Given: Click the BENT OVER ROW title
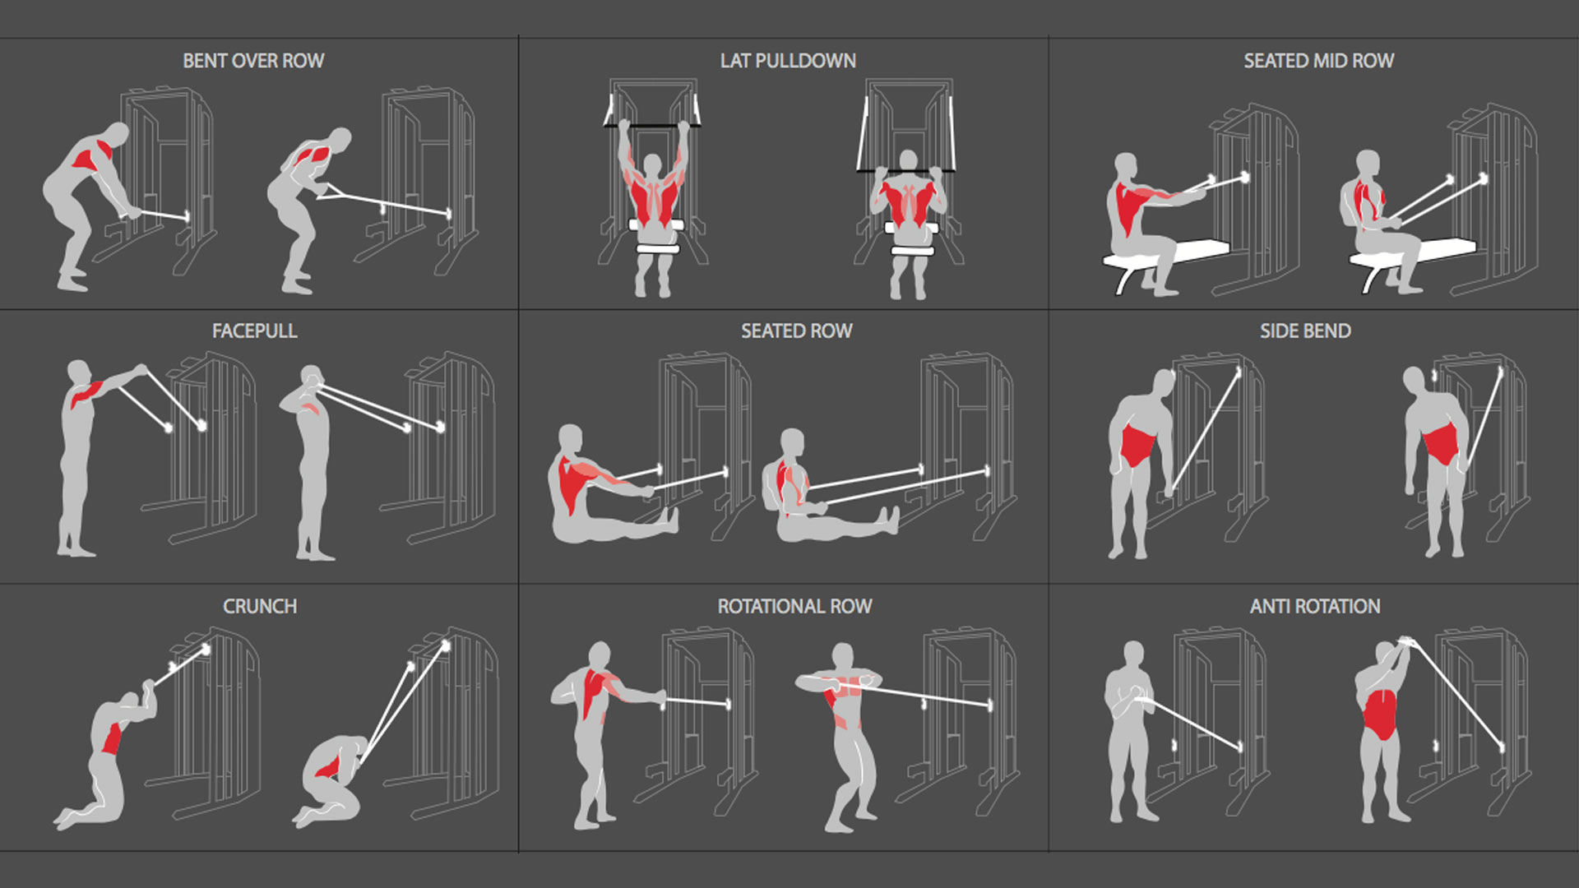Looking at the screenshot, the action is click(253, 61).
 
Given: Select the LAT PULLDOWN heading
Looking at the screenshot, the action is click(788, 61).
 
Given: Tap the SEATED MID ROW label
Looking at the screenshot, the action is click(1318, 61).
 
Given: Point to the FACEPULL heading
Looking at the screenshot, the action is click(254, 331).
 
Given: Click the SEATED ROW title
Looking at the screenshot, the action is click(796, 331).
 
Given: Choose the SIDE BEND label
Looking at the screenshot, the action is click(1305, 331).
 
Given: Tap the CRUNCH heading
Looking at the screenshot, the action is click(260, 607).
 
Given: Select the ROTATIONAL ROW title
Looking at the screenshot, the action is click(794, 607).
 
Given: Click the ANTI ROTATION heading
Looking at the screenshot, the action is click(1315, 607).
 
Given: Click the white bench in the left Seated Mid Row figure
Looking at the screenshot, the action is click(1168, 257).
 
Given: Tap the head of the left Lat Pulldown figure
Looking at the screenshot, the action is click(652, 164).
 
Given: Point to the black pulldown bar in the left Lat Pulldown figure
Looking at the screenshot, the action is click(652, 125).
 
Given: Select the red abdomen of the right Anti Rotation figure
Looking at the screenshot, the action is click(1380, 714).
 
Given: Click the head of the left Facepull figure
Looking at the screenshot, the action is click(78, 372).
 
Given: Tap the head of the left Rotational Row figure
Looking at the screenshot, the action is click(600, 655).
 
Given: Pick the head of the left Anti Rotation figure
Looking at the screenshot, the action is click(1133, 655).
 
